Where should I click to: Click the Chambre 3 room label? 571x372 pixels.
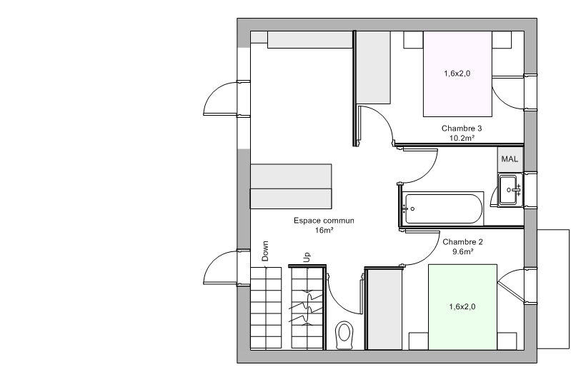[462, 129]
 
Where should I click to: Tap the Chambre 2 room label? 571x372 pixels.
[462, 242]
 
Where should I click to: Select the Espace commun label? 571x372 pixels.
[324, 221]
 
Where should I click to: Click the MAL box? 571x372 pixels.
[510, 159]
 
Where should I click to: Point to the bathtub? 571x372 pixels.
[444, 208]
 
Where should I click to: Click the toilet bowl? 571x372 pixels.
[344, 335]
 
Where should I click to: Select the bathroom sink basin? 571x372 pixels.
[509, 190]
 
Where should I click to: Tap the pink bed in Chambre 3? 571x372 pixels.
[457, 74]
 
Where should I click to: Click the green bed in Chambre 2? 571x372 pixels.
[462, 307]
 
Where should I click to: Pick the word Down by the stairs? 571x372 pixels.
[265, 251]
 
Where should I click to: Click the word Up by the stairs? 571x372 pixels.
[307, 257]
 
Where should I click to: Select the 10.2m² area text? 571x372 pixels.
[462, 139]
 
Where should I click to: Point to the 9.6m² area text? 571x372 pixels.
[462, 251]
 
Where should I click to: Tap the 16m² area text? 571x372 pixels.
[324, 231]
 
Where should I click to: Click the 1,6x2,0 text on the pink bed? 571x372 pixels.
[457, 74]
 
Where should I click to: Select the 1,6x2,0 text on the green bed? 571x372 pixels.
[462, 307]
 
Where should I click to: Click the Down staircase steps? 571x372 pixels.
[266, 308]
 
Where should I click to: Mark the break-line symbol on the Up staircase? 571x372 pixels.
[307, 308]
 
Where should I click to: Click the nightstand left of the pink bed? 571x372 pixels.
[413, 40]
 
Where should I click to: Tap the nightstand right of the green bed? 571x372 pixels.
[507, 341]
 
